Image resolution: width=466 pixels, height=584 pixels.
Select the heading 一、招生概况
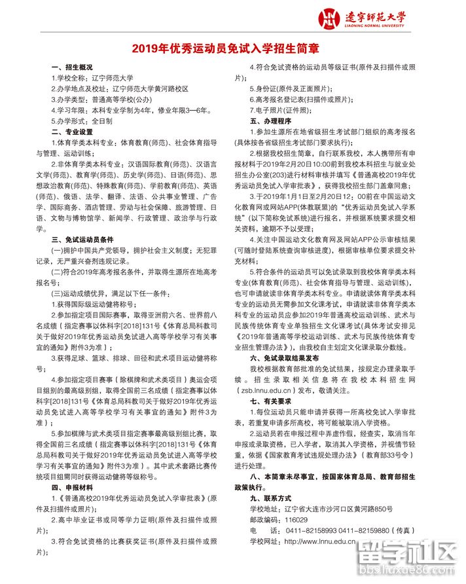click(x=73, y=67)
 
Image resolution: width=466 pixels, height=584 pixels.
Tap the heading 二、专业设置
click(x=73, y=131)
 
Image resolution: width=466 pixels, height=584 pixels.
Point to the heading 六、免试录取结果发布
click(x=284, y=358)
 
